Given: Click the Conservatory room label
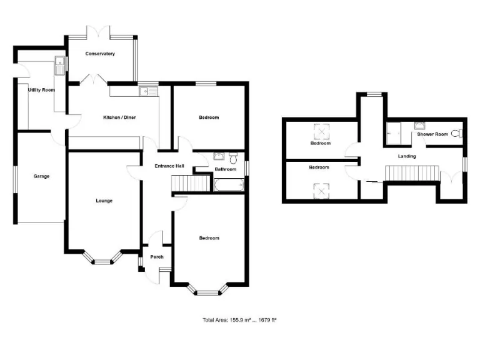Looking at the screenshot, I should (x=101, y=54).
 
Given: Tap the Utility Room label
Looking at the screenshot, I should (x=41, y=90).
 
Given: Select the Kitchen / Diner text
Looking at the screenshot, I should (x=119, y=117).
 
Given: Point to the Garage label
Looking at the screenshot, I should (x=41, y=176).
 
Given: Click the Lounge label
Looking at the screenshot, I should (x=104, y=201).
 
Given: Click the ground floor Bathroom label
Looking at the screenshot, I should (x=226, y=169).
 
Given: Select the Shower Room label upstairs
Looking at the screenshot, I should (x=432, y=134).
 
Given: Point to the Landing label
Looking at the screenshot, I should (x=407, y=156).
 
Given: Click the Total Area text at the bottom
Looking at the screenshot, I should (x=239, y=320).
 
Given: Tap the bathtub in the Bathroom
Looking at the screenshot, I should (x=229, y=185).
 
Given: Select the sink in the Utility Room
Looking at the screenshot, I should (x=59, y=62).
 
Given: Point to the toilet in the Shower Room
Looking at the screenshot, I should (x=460, y=133).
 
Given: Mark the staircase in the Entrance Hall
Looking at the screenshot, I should (x=191, y=184).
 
